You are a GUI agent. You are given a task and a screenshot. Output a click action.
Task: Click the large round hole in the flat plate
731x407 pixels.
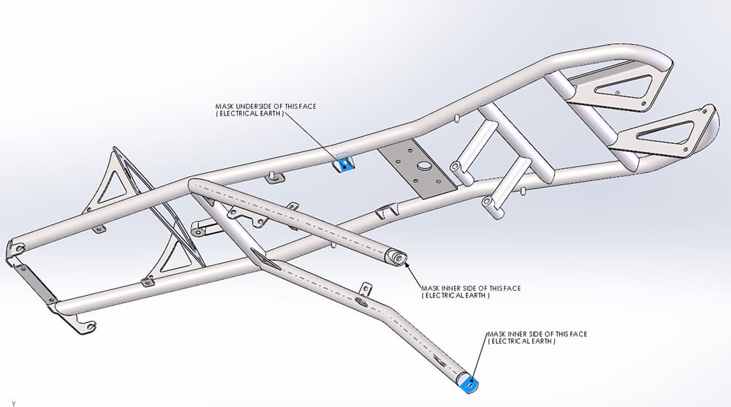coord(423,167)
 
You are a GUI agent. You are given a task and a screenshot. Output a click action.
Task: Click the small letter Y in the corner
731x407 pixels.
coord(13,403)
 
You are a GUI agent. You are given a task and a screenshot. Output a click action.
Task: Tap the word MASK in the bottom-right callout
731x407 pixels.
coord(497,334)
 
